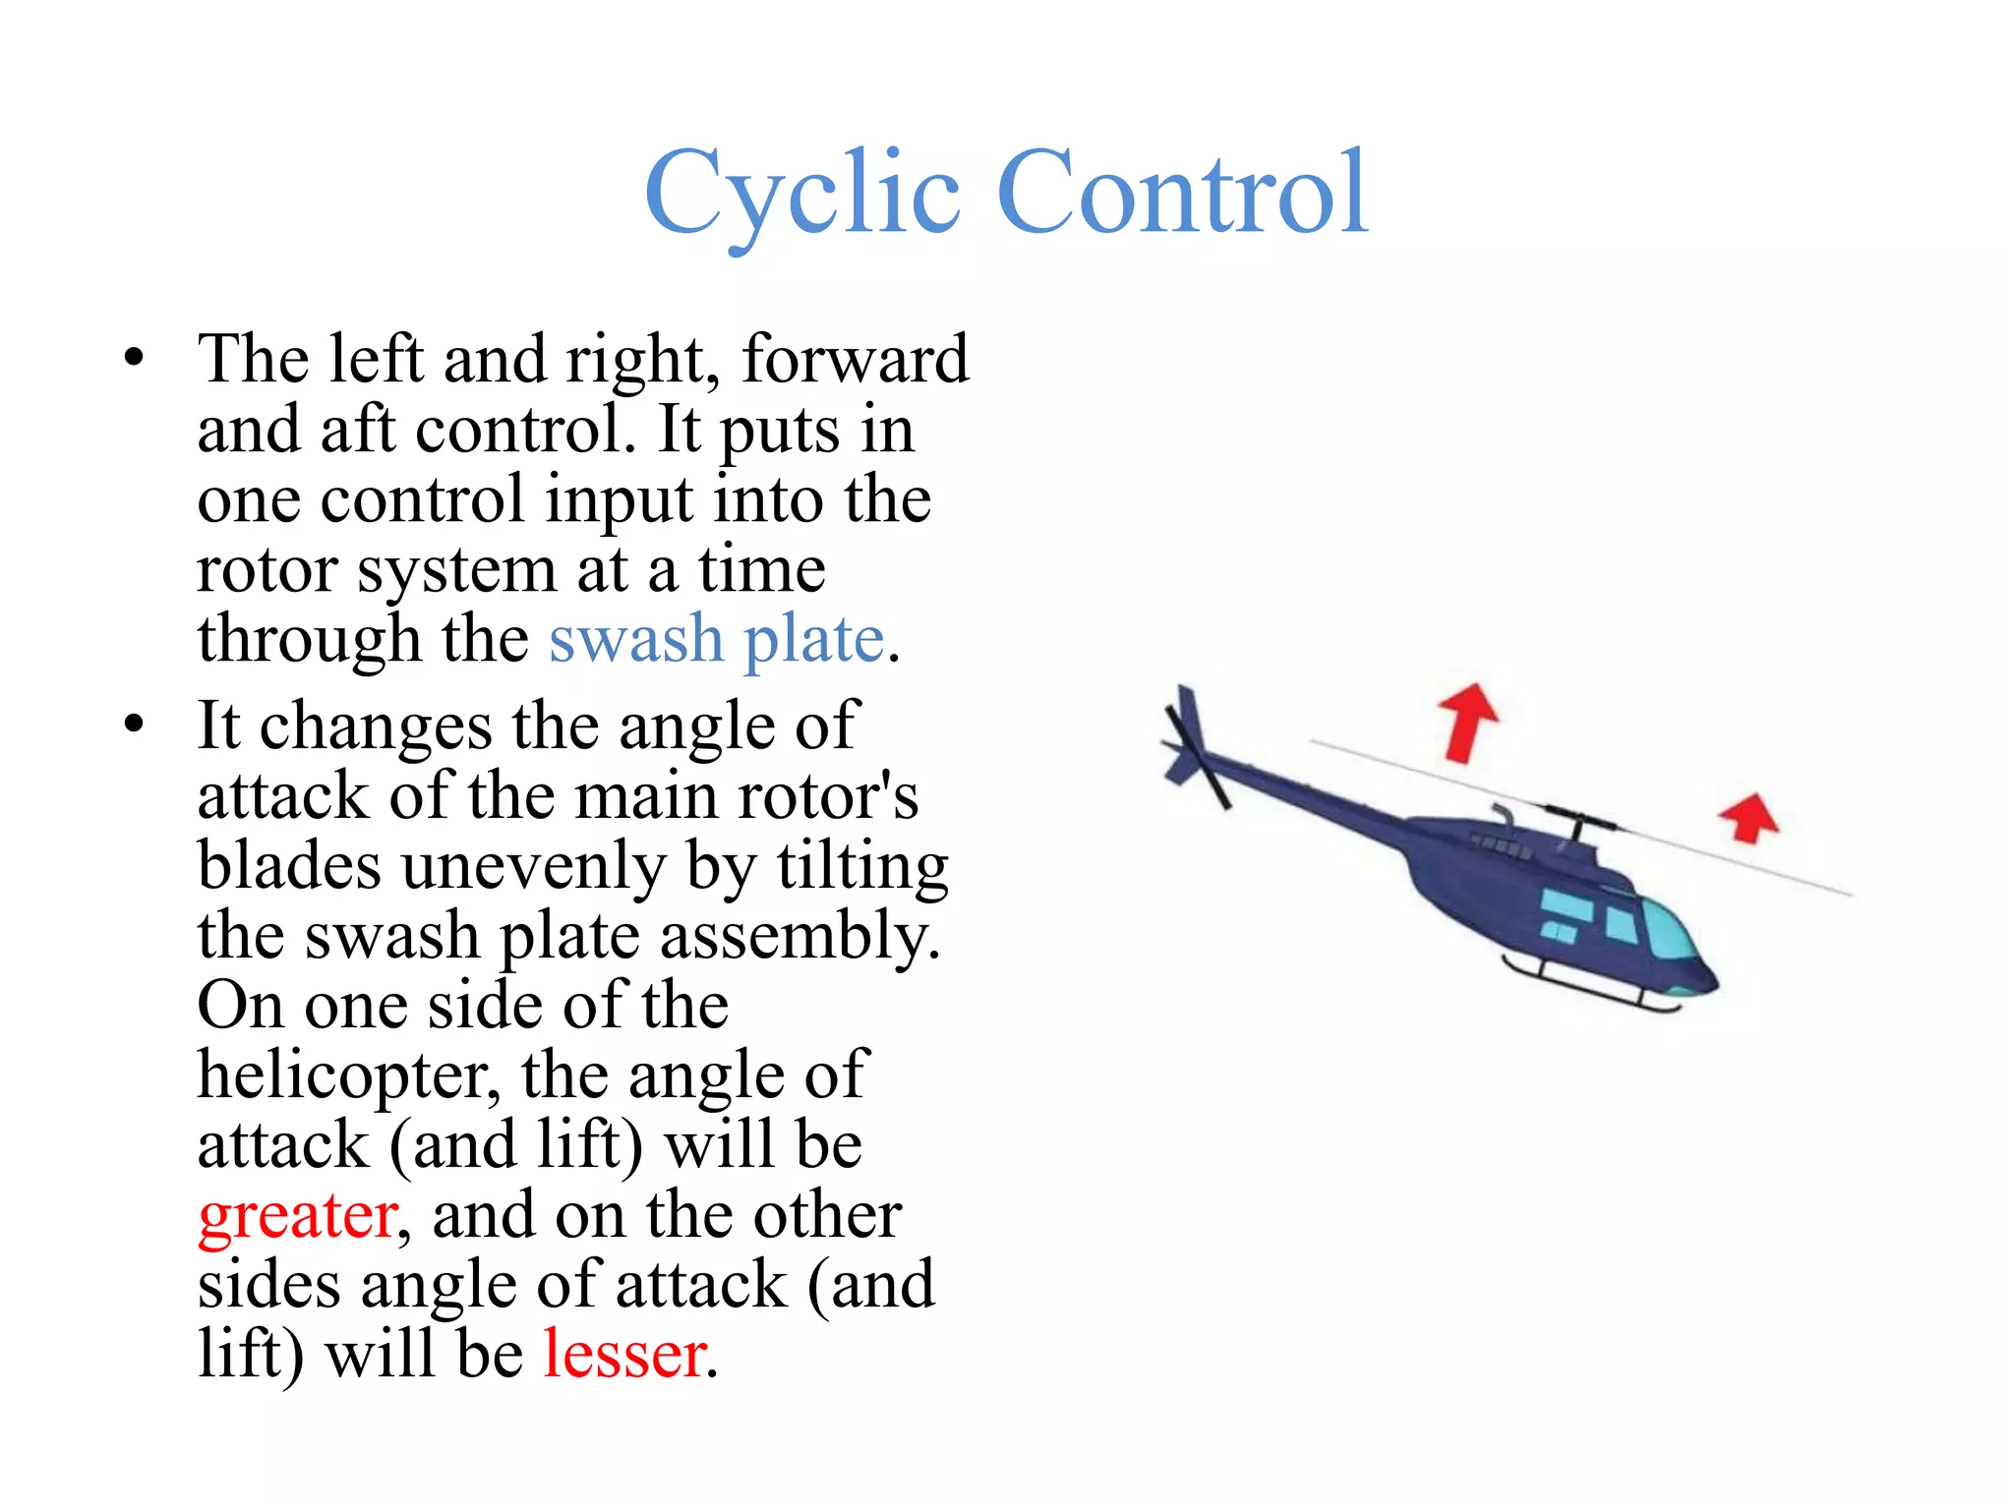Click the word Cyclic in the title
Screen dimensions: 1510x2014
pyautogui.click(x=801, y=195)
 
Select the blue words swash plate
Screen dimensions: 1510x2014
pyautogui.click(x=717, y=640)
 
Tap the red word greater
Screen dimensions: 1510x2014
pyautogui.click(x=298, y=1217)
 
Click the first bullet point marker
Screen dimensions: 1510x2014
pyautogui.click(x=135, y=359)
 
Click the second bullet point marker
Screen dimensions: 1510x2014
pyautogui.click(x=135, y=726)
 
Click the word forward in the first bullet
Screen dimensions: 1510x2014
pyautogui.click(x=855, y=359)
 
